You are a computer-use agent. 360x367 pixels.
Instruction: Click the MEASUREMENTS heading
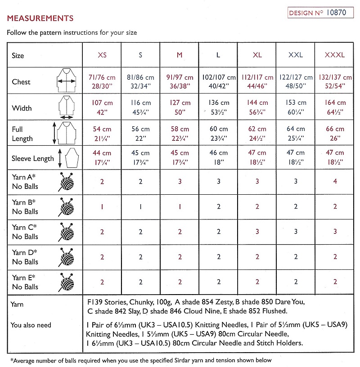point(40,19)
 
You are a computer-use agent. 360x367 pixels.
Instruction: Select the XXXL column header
point(334,55)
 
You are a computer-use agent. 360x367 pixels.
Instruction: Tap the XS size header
point(102,55)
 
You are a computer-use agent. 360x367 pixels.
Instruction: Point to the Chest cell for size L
point(218,81)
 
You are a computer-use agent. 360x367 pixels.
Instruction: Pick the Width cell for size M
point(180,107)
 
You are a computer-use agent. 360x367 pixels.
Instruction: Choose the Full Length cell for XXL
point(296,134)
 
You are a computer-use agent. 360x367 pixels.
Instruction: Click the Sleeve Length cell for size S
point(141,157)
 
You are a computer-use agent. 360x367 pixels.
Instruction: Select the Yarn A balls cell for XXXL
point(334,182)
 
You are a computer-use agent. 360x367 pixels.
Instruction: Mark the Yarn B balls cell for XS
point(102,206)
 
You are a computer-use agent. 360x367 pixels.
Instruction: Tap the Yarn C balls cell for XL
point(257,232)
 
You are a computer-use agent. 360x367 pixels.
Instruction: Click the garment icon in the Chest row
point(66,81)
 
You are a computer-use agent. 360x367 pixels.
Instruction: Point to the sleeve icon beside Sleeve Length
point(66,157)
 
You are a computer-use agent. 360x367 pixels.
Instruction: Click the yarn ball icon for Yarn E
point(66,282)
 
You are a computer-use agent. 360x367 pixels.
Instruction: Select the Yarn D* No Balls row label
point(25,257)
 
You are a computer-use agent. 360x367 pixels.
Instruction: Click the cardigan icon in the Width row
point(66,107)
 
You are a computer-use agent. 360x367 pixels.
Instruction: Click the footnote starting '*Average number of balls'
point(141,360)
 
